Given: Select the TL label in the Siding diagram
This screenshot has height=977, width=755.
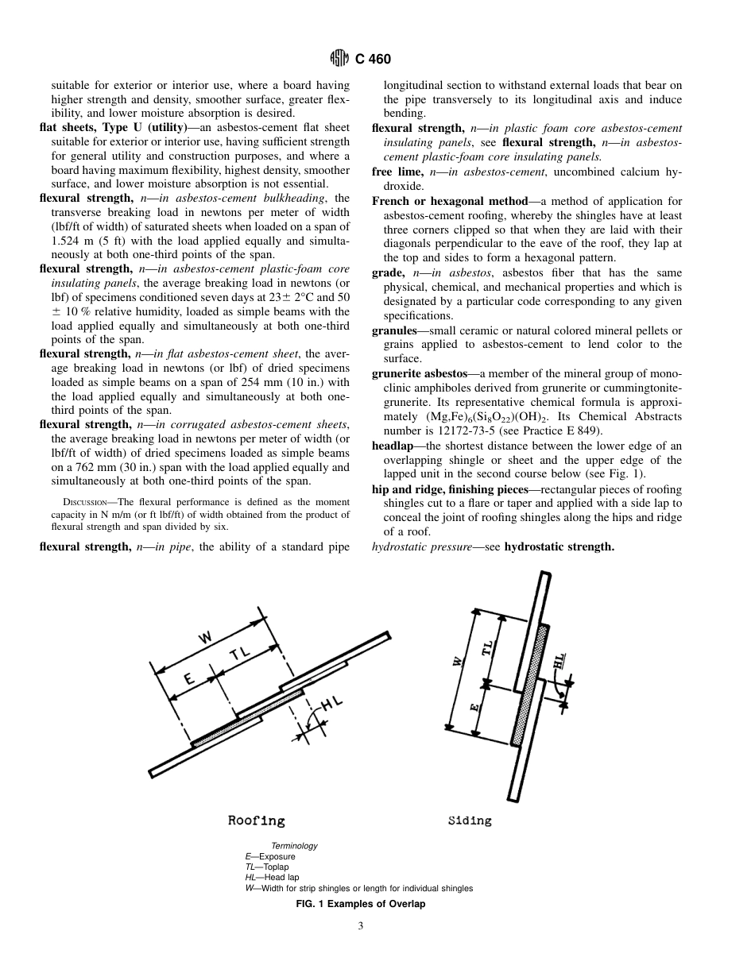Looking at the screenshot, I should pos(487,648).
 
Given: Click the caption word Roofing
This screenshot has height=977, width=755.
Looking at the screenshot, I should pos(256,821).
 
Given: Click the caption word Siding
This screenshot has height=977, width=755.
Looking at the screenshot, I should pos(470,821).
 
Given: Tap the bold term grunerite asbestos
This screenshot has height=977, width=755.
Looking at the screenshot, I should pos(419,373).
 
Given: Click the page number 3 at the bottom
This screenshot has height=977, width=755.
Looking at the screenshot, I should pos(360,925).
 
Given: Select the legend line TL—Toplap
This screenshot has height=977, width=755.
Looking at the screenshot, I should pos(267,867).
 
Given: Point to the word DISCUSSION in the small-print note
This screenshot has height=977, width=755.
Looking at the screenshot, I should pos(87,502).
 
